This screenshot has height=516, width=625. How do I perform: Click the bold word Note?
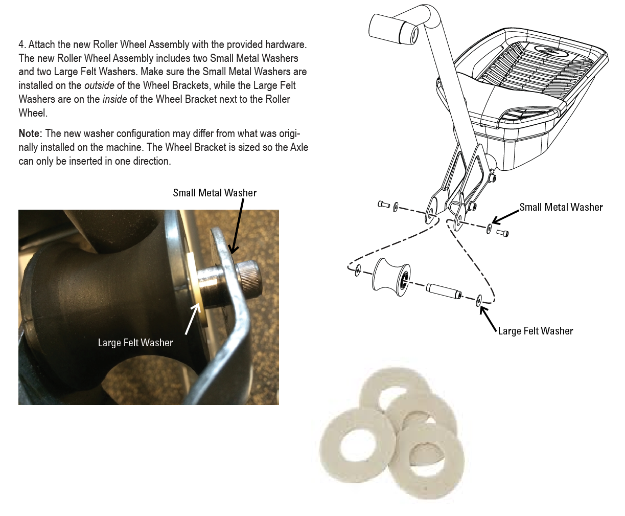(x=29, y=134)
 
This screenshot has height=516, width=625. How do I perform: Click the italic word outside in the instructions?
(x=99, y=85)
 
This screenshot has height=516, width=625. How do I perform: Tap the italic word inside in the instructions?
(x=114, y=99)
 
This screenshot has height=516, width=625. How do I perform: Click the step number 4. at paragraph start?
(x=22, y=45)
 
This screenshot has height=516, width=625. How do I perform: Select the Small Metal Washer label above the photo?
(x=215, y=193)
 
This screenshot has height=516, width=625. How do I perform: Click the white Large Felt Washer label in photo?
(x=135, y=343)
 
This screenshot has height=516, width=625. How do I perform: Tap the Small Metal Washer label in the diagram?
(x=561, y=207)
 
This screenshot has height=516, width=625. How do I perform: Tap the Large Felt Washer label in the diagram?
(x=535, y=331)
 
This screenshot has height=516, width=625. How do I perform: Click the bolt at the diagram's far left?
(x=384, y=205)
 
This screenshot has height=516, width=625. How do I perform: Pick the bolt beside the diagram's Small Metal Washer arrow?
(x=503, y=233)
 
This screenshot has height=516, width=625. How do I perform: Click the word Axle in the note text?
(x=299, y=148)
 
